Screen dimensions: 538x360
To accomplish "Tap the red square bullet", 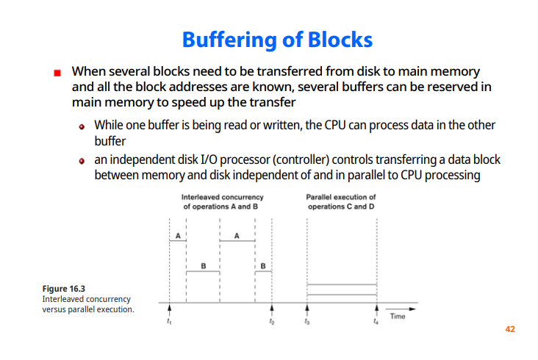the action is click(x=57, y=73).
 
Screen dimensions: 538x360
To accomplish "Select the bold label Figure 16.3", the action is click(x=64, y=289).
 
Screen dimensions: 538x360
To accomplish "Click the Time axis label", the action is click(x=398, y=317).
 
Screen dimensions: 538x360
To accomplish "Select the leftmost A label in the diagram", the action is click(x=177, y=236).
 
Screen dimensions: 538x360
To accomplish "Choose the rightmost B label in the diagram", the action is click(x=263, y=264).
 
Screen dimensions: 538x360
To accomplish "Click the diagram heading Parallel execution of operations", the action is click(x=341, y=202).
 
